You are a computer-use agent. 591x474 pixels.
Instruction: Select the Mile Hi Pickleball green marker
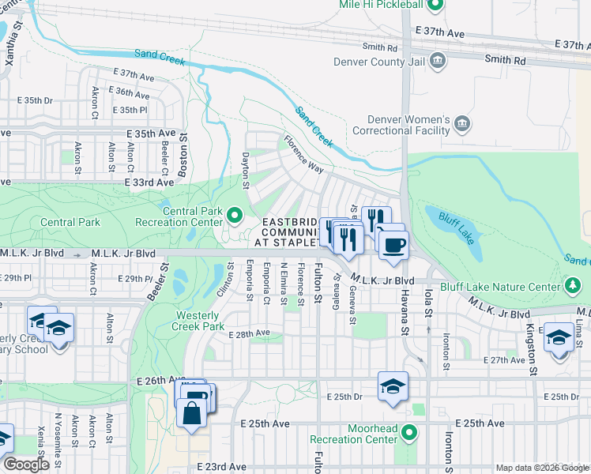click(435, 6)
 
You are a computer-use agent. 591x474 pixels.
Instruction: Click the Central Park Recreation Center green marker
click(234, 214)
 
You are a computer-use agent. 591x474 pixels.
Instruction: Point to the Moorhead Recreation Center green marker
click(408, 432)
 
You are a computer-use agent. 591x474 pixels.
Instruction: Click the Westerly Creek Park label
click(198, 320)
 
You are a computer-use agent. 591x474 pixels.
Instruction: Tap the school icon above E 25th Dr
click(393, 386)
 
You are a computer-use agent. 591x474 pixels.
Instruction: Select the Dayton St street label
click(246, 170)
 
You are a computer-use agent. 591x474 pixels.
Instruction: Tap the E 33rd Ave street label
click(149, 182)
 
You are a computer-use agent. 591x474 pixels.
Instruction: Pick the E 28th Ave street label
click(249, 334)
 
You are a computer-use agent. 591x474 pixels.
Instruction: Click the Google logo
click(26, 465)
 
